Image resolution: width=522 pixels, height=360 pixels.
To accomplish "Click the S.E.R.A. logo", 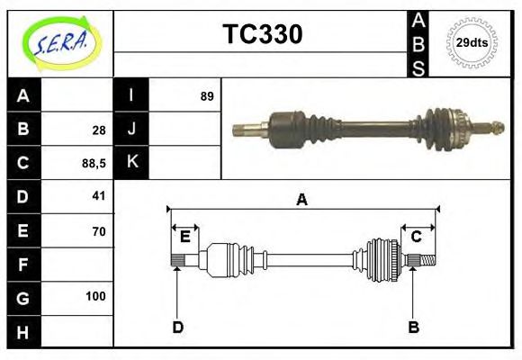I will [59, 42].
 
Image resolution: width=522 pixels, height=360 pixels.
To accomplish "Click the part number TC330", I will [262, 34].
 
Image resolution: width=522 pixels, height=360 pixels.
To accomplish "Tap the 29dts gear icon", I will [472, 42].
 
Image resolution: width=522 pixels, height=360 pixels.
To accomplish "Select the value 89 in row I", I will [207, 95].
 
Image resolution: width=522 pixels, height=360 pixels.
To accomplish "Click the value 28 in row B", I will [98, 130].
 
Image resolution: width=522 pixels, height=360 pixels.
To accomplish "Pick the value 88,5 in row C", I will [94, 163].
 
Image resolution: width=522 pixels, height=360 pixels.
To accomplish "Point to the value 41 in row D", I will [98, 195].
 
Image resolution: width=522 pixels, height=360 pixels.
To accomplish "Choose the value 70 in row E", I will [98, 231].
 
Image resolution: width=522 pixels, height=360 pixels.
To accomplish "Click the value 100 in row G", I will [95, 296].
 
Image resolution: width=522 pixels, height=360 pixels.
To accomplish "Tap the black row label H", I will [23, 333].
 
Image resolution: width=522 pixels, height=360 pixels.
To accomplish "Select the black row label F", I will [23, 265].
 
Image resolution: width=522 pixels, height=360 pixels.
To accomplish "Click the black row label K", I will [131, 162].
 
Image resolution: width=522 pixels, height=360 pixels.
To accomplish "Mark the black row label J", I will [131, 129].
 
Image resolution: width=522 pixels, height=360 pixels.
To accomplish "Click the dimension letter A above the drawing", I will [302, 201].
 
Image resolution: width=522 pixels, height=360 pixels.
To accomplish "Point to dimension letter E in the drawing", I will [184, 237].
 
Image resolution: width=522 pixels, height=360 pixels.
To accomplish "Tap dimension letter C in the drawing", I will [417, 237].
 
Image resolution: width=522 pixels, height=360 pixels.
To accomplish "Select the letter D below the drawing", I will [177, 327].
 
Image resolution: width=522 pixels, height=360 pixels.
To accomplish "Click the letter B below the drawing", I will [413, 327].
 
